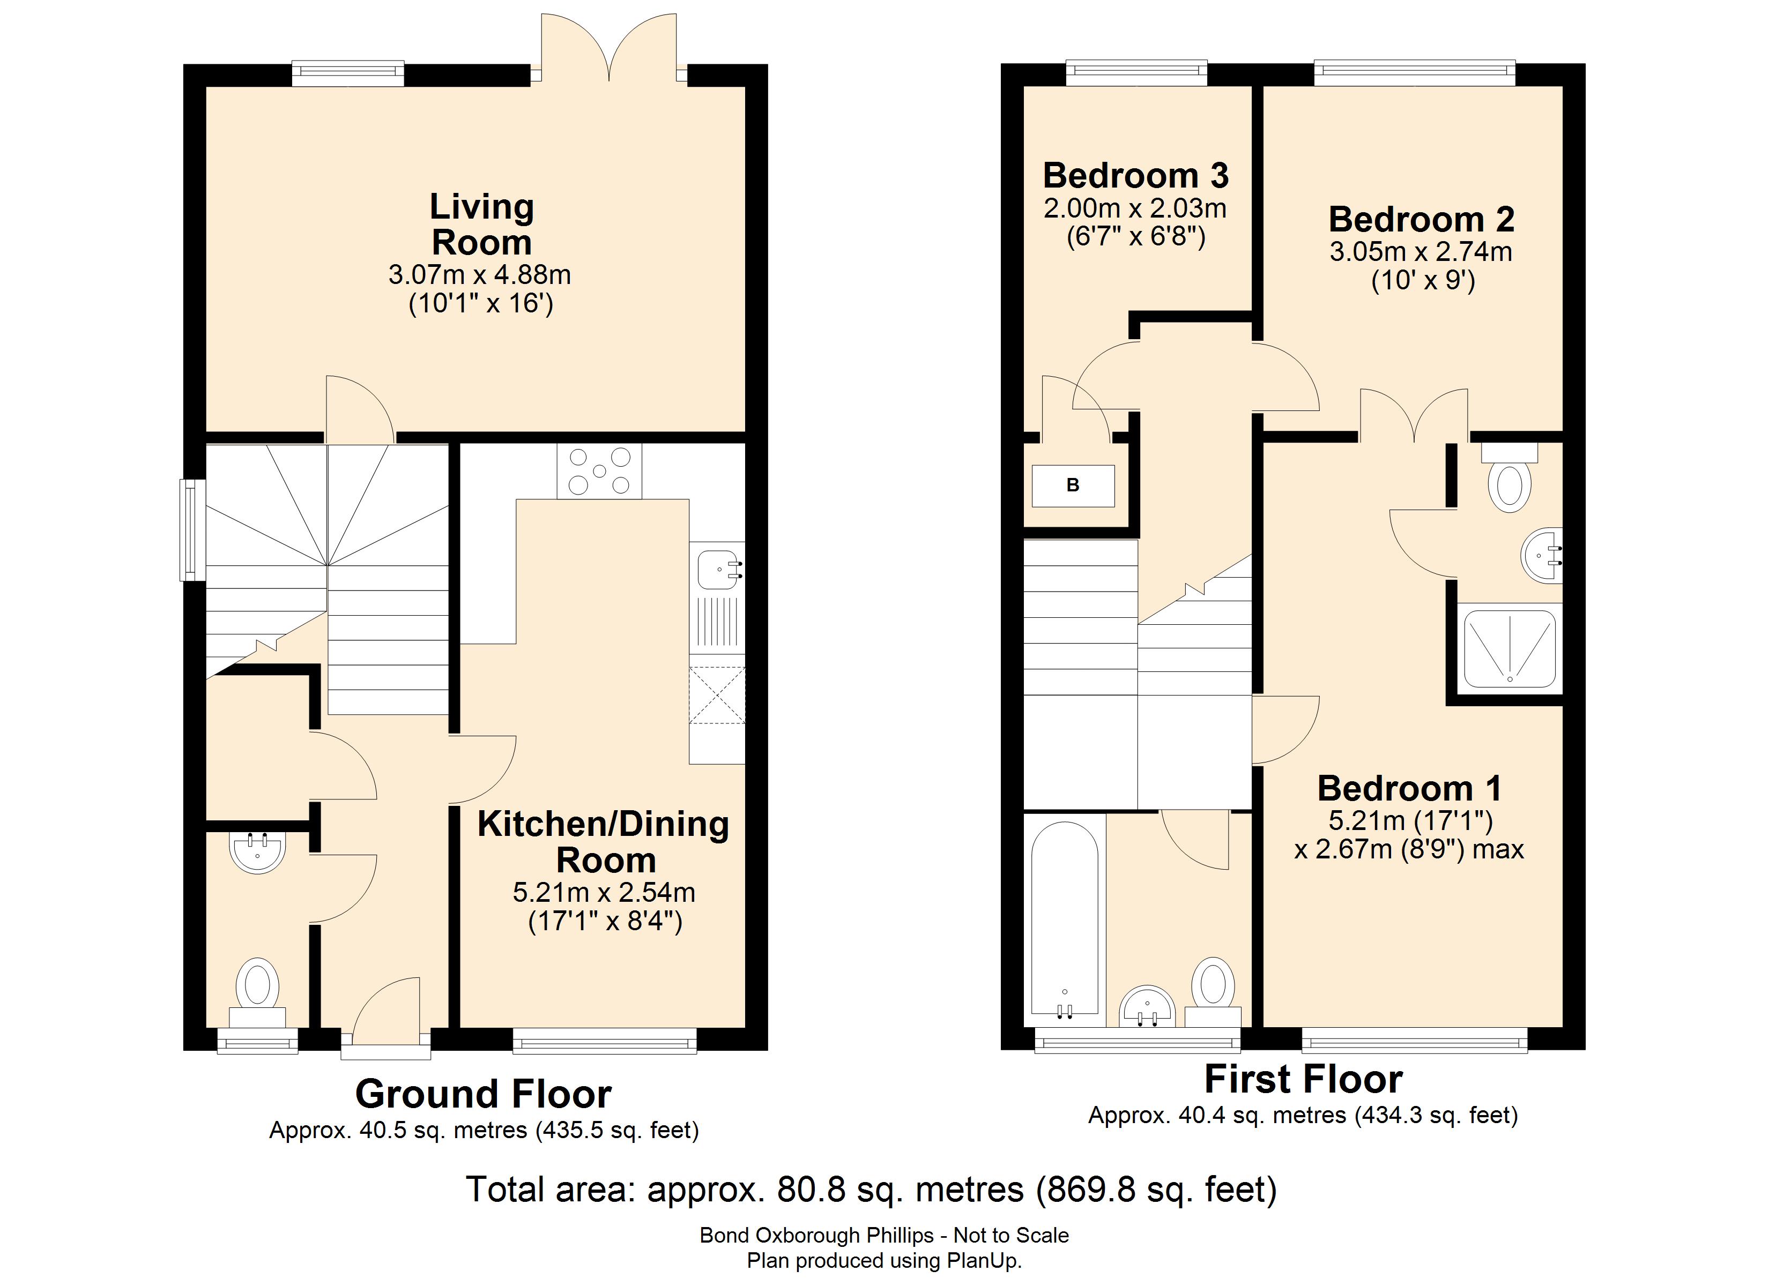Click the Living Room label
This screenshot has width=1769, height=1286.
[x=482, y=225]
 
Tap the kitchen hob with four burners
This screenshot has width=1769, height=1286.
[x=599, y=471]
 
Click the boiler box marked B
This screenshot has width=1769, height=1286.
[x=1073, y=485]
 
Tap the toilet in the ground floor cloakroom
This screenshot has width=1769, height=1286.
[x=257, y=995]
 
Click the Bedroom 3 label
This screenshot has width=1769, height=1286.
[x=1136, y=175]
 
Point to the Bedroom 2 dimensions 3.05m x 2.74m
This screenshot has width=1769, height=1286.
[x=1421, y=252]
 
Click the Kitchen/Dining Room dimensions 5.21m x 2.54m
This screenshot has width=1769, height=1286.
[x=604, y=892]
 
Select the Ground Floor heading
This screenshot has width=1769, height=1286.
[x=483, y=1094]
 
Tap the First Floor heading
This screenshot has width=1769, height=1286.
[x=1303, y=1079]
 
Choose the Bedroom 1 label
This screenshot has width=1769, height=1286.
[x=1409, y=788]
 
